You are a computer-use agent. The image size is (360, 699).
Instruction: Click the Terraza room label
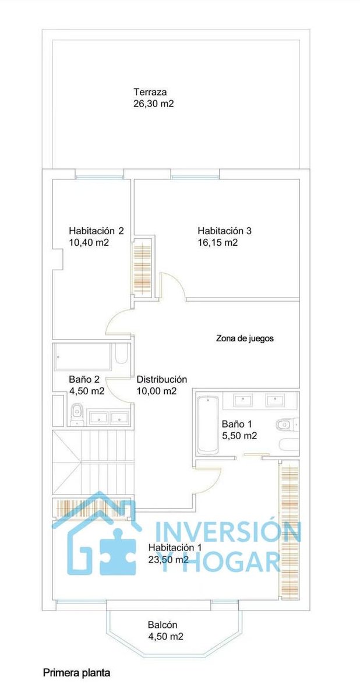click(x=150, y=92)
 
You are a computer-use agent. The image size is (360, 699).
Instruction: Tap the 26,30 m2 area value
click(x=153, y=104)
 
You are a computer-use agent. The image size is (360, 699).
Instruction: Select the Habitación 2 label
click(x=96, y=231)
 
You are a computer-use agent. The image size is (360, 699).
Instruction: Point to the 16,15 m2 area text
click(x=218, y=242)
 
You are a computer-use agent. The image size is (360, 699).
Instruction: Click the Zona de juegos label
click(x=245, y=338)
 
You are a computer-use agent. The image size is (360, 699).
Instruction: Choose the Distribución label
click(x=162, y=379)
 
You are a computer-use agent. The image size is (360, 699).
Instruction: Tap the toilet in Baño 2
click(x=76, y=415)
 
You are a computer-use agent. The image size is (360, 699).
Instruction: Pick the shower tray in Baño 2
click(x=83, y=356)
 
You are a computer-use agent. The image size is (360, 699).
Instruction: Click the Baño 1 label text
click(x=237, y=424)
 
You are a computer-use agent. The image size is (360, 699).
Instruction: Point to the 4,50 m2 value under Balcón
click(x=165, y=637)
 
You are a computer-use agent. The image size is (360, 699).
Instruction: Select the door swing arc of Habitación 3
click(x=179, y=283)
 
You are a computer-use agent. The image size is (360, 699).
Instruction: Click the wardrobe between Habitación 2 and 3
click(x=142, y=267)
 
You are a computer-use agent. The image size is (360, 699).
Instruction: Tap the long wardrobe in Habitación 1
click(x=290, y=529)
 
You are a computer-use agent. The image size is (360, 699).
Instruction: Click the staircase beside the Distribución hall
click(x=93, y=462)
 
